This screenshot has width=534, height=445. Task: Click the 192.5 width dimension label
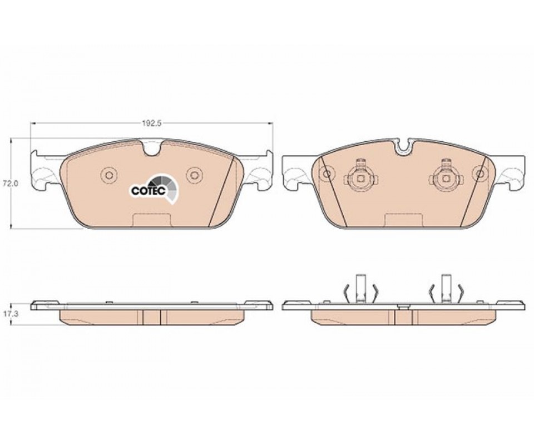(151, 123)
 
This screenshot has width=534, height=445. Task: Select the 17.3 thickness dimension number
(7, 315)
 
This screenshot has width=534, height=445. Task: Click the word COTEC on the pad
(149, 191)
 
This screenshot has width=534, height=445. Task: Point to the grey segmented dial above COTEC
(165, 188)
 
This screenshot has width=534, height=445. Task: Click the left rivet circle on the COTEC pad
(109, 175)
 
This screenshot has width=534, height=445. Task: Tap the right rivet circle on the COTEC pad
(194, 175)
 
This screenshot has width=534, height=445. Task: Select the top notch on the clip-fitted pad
(404, 145)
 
